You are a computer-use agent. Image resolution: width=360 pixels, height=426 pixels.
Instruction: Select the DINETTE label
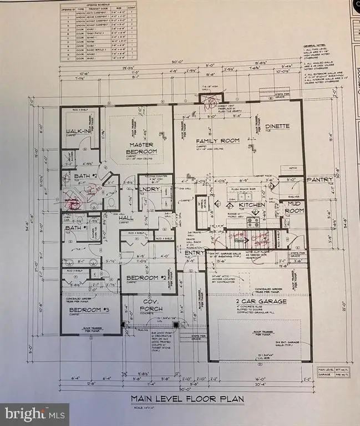277,126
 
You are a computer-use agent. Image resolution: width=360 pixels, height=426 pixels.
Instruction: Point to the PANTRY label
320,179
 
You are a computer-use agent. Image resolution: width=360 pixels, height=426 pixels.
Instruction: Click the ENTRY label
194,253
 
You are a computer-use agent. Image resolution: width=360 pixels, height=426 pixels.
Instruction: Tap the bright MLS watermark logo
34,414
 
